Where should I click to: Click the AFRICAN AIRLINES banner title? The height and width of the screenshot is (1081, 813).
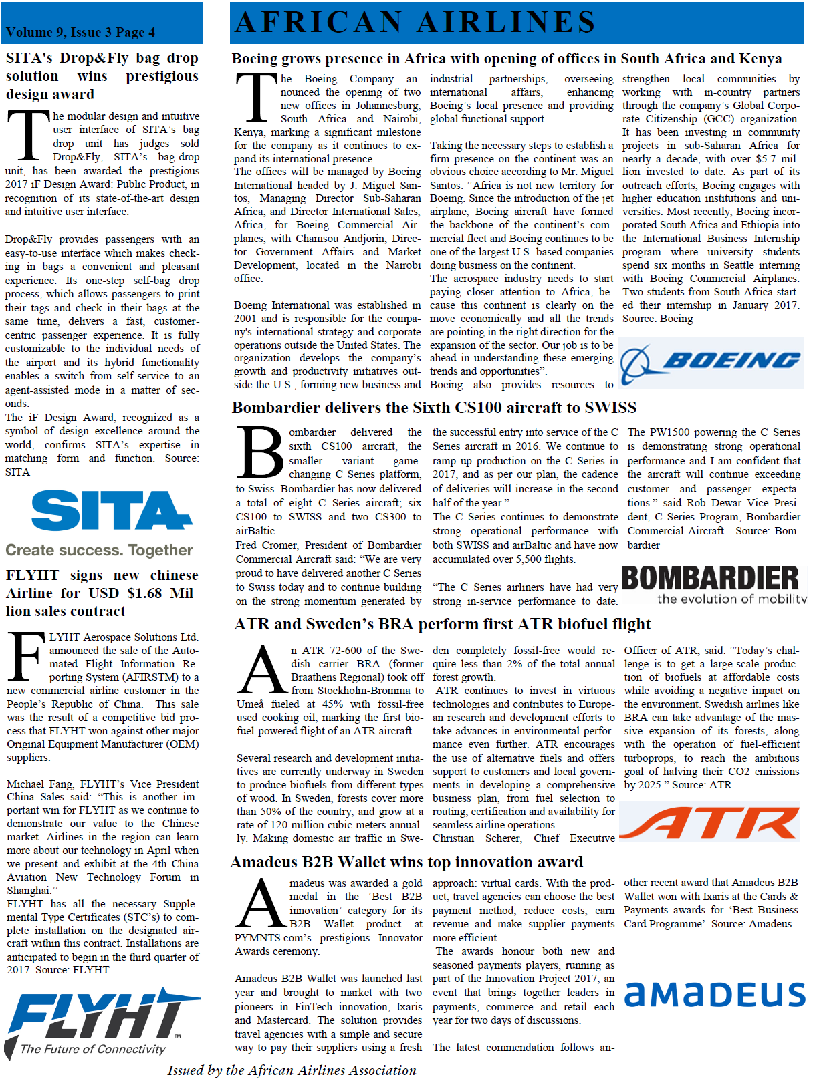coord(415,22)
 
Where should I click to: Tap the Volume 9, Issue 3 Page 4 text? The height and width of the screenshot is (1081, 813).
coord(80,32)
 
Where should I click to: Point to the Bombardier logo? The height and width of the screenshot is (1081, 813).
coord(710,578)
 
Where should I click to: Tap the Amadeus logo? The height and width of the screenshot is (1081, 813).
coord(715,994)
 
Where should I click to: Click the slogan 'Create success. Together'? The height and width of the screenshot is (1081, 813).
coord(99,551)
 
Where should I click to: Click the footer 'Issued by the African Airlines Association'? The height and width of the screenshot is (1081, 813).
coord(292,1070)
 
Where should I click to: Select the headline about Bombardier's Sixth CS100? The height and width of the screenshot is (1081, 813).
coord(434,408)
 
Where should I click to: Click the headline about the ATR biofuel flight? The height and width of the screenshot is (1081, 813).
coord(442,624)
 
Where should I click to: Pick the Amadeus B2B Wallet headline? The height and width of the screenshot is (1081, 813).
coord(406,862)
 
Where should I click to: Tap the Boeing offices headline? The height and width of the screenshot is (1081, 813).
coord(506,59)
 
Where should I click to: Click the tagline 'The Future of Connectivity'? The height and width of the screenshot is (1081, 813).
coord(93,1049)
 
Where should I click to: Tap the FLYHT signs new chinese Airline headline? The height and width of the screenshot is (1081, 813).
coord(102,593)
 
